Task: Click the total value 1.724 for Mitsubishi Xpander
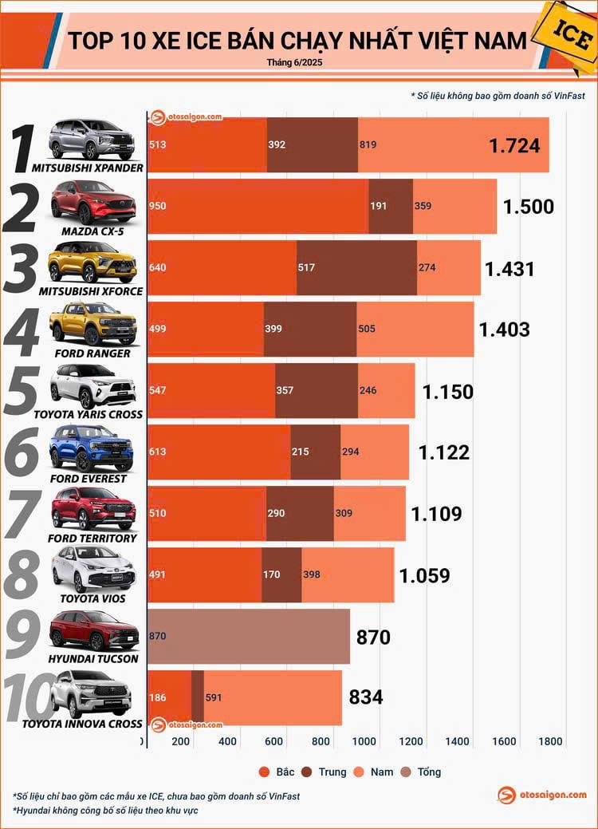click(x=514, y=146)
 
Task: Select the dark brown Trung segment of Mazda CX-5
click(x=391, y=207)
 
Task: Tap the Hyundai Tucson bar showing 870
click(x=249, y=637)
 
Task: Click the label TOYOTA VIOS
click(x=92, y=598)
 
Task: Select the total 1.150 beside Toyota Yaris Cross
click(x=447, y=392)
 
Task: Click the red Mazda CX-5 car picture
click(x=92, y=201)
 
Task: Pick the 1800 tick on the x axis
click(x=550, y=741)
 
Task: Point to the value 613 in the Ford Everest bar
click(x=158, y=452)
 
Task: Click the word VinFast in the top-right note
click(x=565, y=96)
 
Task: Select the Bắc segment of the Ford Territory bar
click(x=207, y=514)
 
